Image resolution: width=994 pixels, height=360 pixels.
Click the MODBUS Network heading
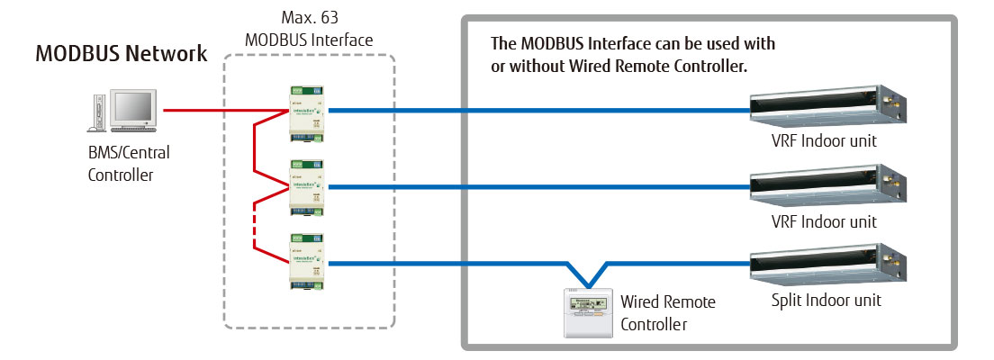(x=122, y=54)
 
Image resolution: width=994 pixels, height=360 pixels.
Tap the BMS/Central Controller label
(x=128, y=164)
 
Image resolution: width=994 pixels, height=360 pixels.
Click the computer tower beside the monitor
(x=95, y=112)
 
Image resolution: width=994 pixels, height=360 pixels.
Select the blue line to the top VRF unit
(x=540, y=111)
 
